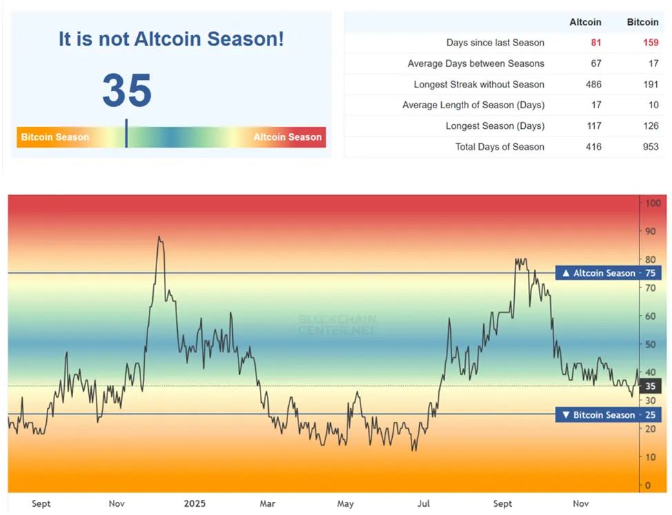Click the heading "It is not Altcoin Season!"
tap(171, 39)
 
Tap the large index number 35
tap(127, 90)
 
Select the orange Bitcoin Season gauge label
tap(55, 137)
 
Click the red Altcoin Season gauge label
tap(287, 137)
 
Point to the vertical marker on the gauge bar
tap(126, 133)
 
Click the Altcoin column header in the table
tap(585, 22)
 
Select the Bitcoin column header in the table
tap(642, 22)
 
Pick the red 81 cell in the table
tap(595, 43)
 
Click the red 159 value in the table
tap(650, 43)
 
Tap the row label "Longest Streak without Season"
tap(479, 85)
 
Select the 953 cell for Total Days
tap(650, 147)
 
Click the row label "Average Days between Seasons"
tap(476, 63)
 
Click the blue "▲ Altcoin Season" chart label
tap(598, 273)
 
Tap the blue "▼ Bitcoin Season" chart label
tap(598, 415)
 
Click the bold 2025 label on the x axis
tap(194, 504)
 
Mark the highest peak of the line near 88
tap(159, 237)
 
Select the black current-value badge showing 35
tap(651, 386)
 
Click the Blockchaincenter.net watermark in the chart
tap(336, 325)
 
